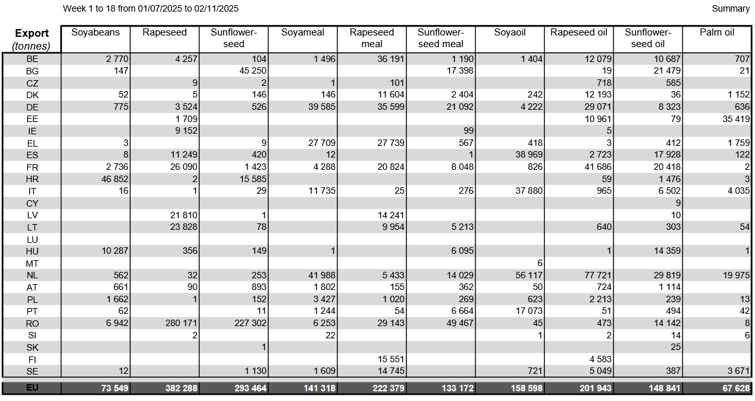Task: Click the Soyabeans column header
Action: point(96,32)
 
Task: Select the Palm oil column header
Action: point(717,32)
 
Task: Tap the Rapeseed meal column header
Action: point(372,38)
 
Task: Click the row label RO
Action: point(32,323)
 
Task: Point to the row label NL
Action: point(32,275)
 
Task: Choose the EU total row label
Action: point(32,388)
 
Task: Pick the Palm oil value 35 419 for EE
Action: point(733,119)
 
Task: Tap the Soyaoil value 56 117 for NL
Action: point(526,275)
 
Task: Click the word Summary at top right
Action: point(730,8)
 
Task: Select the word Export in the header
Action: point(32,34)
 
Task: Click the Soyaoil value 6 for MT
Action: point(540,263)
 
